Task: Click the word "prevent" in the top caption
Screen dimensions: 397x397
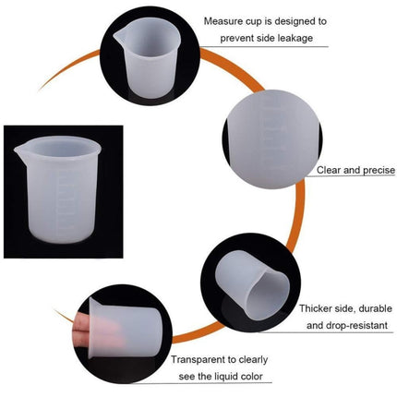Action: pos(238,39)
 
